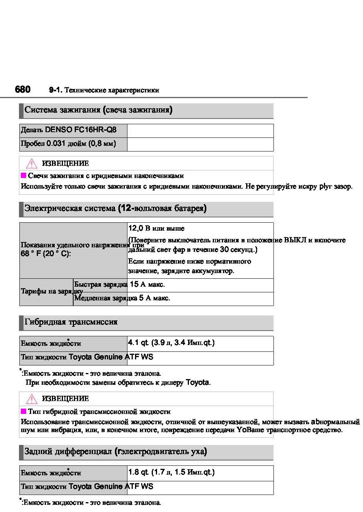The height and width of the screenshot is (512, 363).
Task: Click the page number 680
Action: pyautogui.click(x=23, y=89)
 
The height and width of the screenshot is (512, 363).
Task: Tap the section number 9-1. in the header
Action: pyautogui.click(x=55, y=90)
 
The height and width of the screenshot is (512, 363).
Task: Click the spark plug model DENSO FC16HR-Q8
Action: pyautogui.click(x=80, y=130)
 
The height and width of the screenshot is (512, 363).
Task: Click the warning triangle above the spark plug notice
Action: pyautogui.click(x=31, y=164)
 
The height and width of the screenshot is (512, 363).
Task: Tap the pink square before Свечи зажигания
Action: pyautogui.click(x=24, y=175)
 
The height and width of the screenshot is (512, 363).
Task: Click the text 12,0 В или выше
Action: pyautogui.click(x=156, y=228)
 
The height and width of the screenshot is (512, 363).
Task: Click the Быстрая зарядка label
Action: pyautogui.click(x=101, y=284)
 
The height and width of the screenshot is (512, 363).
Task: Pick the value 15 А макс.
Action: pyautogui.click(x=147, y=284)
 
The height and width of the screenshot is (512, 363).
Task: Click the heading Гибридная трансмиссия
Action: pyautogui.click(x=71, y=322)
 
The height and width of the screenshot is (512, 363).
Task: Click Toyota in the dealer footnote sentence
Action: pyautogui.click(x=197, y=382)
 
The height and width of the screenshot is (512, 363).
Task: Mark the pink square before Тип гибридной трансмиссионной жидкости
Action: pyautogui.click(x=24, y=411)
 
